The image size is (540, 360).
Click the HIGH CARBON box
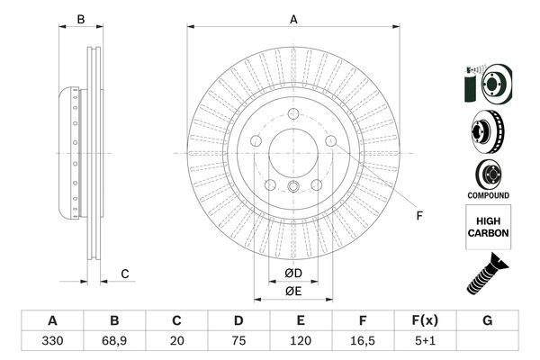(x=487, y=226)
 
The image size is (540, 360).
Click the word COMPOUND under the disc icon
(x=487, y=195)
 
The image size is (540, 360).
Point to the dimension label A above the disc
(x=293, y=19)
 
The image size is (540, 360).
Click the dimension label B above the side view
(x=80, y=19)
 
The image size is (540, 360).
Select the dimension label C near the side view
(x=126, y=274)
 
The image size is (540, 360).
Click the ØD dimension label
(x=293, y=273)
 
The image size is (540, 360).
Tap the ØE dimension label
(x=293, y=291)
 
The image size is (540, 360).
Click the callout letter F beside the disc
(x=419, y=214)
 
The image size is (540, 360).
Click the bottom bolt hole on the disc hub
(x=293, y=187)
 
